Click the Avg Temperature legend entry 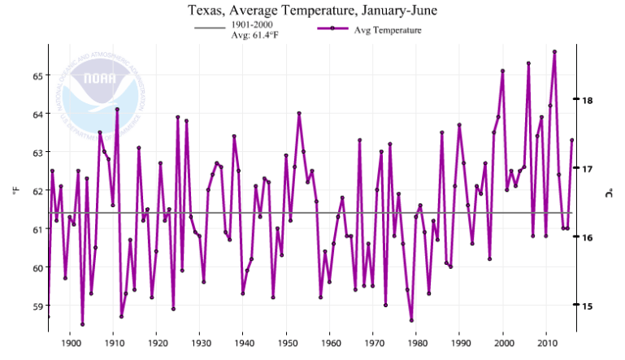[x=387, y=30]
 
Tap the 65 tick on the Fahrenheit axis [x=37, y=76]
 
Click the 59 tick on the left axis [x=37, y=306]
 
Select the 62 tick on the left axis [x=37, y=191]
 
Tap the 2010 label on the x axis [x=547, y=343]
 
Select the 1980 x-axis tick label [x=417, y=343]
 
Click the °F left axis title [x=16, y=191]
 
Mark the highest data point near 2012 [x=554, y=51]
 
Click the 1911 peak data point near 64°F [x=117, y=109]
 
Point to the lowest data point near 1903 [x=82, y=324]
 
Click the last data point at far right [x=572, y=140]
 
